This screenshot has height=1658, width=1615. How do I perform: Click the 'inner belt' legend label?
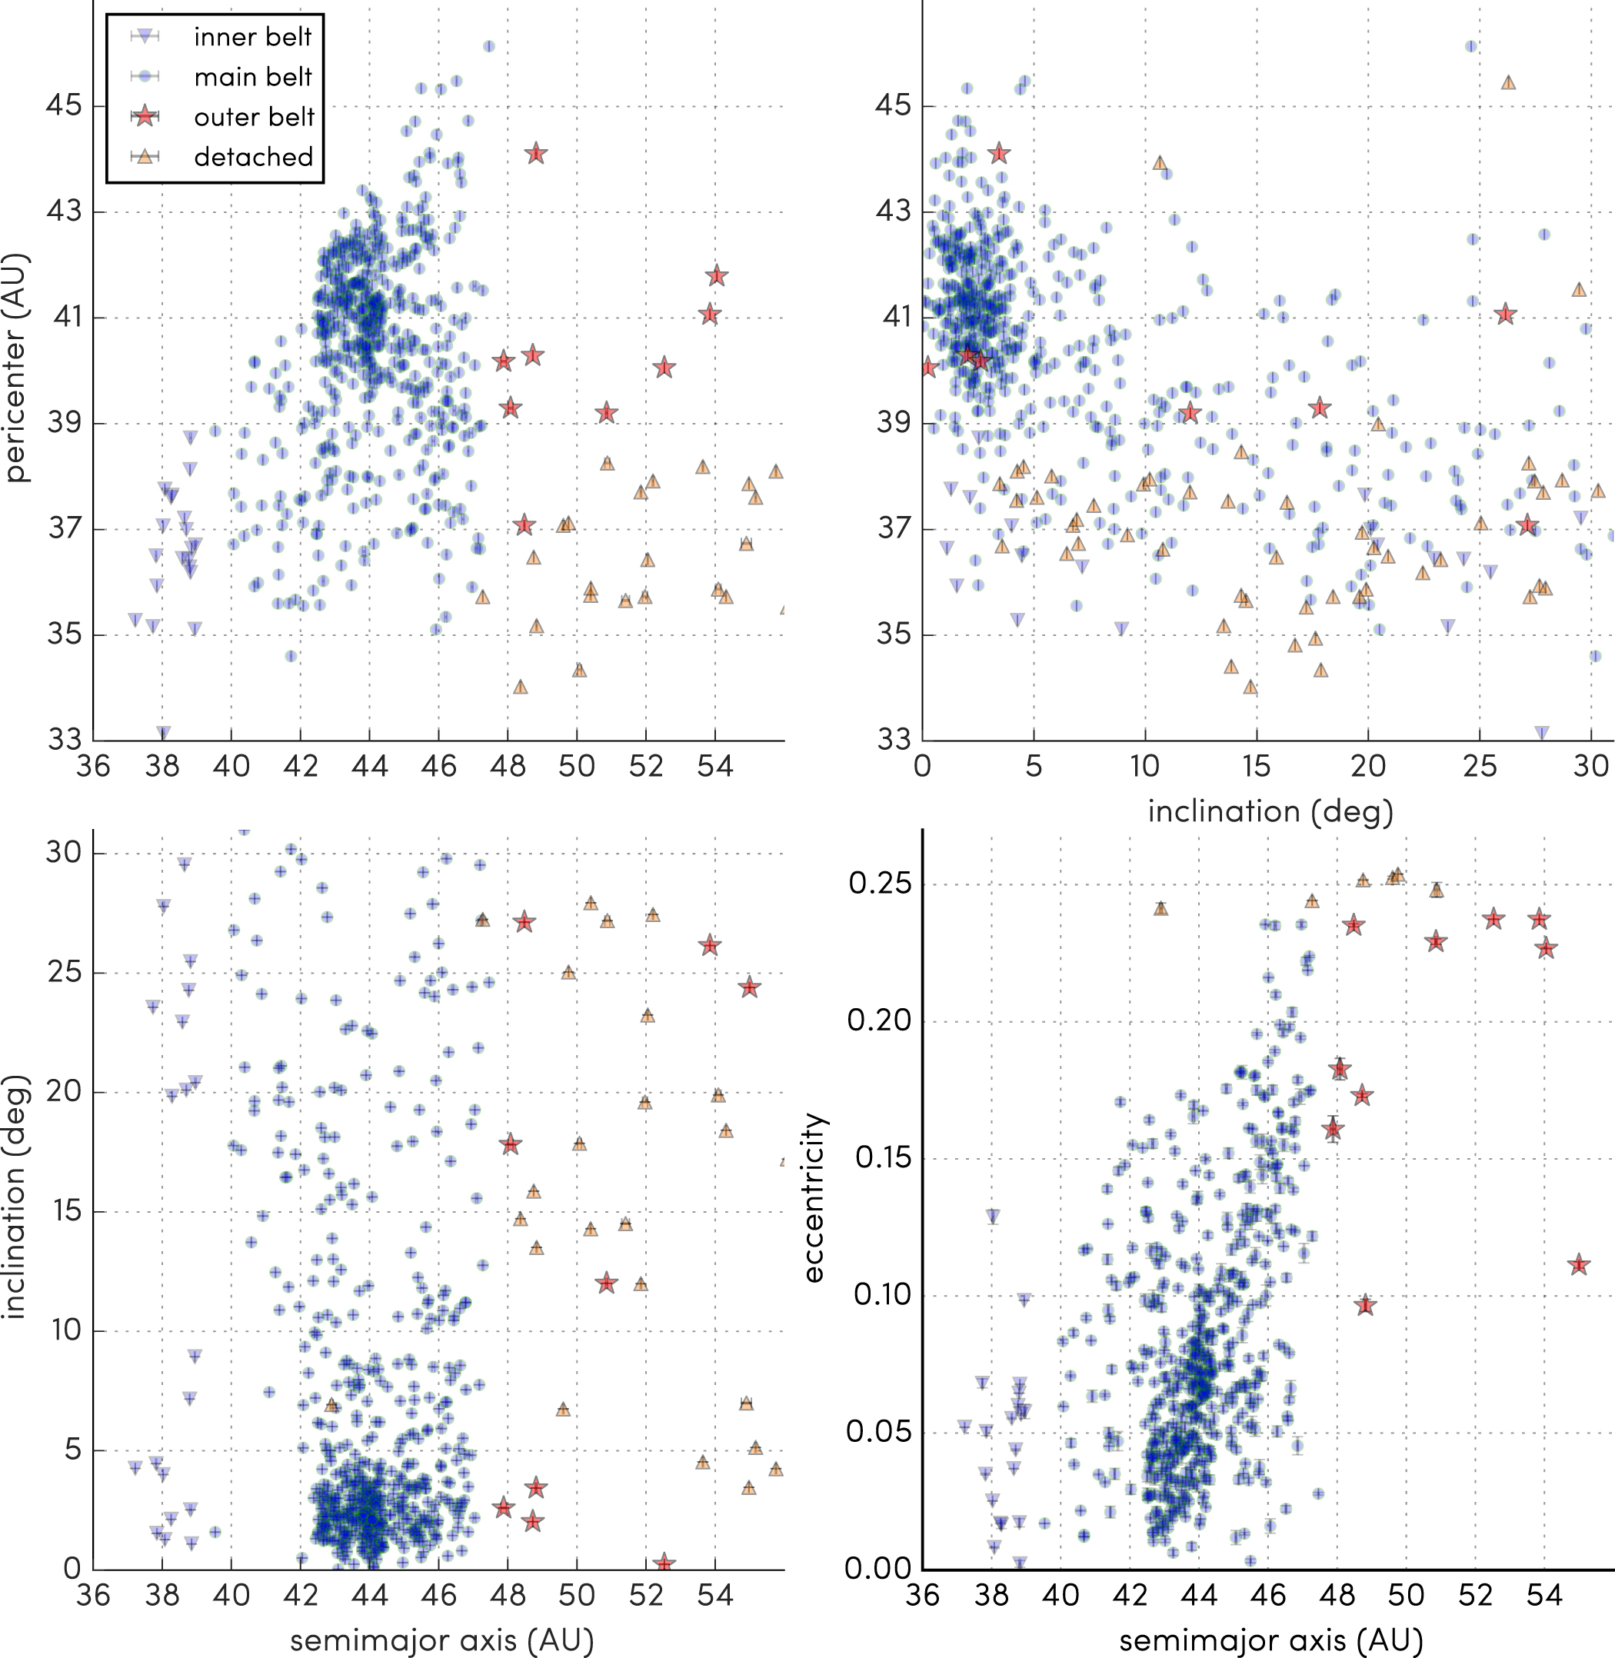pyautogui.click(x=253, y=36)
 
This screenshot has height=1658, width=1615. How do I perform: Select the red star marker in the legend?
pyautogui.click(x=146, y=116)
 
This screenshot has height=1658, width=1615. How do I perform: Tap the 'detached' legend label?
pyautogui.click(x=254, y=157)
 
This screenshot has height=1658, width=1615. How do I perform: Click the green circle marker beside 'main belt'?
pyautogui.click(x=146, y=76)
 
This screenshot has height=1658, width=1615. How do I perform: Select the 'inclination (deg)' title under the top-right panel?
pyautogui.click(x=1270, y=811)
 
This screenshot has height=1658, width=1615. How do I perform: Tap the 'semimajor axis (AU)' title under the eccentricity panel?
pyautogui.click(x=1270, y=1640)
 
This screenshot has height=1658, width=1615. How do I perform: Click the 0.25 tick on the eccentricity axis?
pyautogui.click(x=880, y=884)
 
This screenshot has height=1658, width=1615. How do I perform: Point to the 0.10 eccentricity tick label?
pyautogui.click(x=880, y=1295)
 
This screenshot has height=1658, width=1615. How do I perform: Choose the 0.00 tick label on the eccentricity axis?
pyautogui.click(x=880, y=1568)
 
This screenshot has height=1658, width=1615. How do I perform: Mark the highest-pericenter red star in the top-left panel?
pyautogui.click(x=535, y=155)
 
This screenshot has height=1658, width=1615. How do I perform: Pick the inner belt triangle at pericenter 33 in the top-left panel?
pyautogui.click(x=163, y=733)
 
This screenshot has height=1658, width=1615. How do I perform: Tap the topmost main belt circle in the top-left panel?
pyautogui.click(x=488, y=47)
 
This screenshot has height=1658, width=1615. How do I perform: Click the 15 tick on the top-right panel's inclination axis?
pyautogui.click(x=1256, y=766)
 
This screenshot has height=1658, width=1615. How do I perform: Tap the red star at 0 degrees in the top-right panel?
pyautogui.click(x=928, y=368)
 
